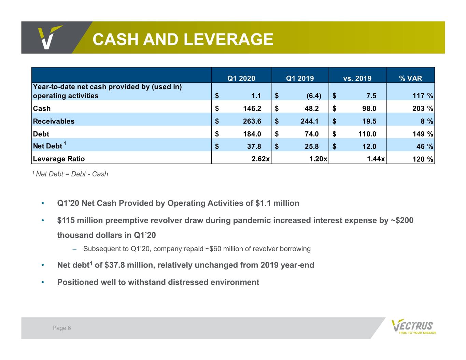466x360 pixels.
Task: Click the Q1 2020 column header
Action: [x=241, y=78]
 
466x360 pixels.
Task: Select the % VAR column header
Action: [x=410, y=78]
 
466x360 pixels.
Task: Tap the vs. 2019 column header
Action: [x=357, y=78]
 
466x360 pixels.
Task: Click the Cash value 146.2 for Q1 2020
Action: [x=252, y=109]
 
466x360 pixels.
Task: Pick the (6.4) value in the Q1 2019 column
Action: [x=314, y=96]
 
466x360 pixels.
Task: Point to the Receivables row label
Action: [x=54, y=121]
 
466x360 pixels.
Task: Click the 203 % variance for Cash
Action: [x=423, y=109]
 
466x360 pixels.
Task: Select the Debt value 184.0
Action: [x=252, y=134]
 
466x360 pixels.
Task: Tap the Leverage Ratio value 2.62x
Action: [x=260, y=159]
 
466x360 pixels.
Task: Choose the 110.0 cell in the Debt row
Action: [x=367, y=134]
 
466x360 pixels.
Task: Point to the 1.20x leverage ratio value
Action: [x=318, y=159]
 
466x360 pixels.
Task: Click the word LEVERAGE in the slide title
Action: [x=229, y=40]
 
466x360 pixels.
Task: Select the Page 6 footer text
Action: [x=61, y=328]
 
